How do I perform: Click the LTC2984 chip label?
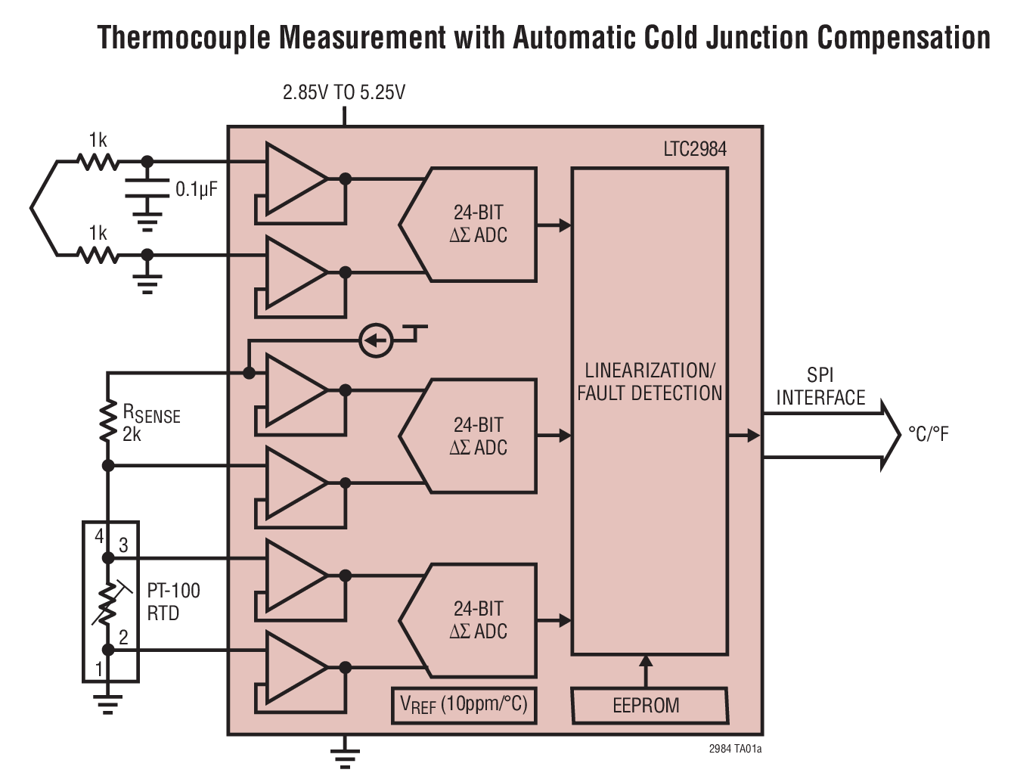click(694, 149)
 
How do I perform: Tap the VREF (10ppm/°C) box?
click(464, 705)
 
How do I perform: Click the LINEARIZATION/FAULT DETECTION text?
click(650, 382)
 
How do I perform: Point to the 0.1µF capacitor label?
click(196, 189)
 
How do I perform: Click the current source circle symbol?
click(376, 340)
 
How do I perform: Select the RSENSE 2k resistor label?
click(150, 423)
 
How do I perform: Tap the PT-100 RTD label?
click(173, 602)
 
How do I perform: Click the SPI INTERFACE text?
click(820, 386)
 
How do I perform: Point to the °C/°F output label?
click(928, 434)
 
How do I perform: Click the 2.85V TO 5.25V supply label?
click(344, 92)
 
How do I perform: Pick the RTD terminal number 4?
click(99, 536)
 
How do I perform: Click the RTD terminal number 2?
click(123, 637)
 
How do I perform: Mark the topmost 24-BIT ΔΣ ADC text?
click(479, 224)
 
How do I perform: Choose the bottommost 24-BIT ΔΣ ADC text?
click(479, 620)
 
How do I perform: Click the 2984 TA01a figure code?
click(735, 749)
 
